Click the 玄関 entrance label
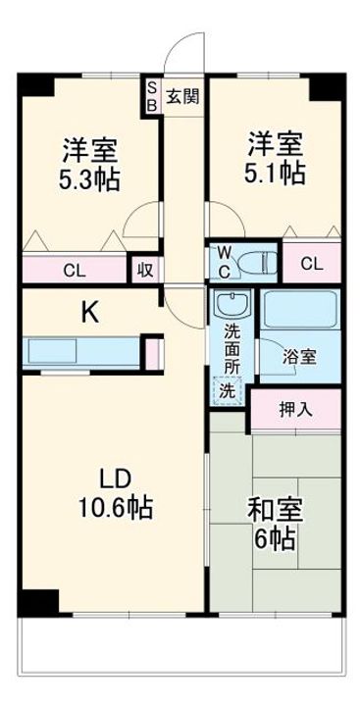181,96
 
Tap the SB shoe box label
152,97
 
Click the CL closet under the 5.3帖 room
74,271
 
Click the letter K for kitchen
87,313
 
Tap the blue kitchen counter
83,351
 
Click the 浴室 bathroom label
300,356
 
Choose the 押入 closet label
293,409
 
